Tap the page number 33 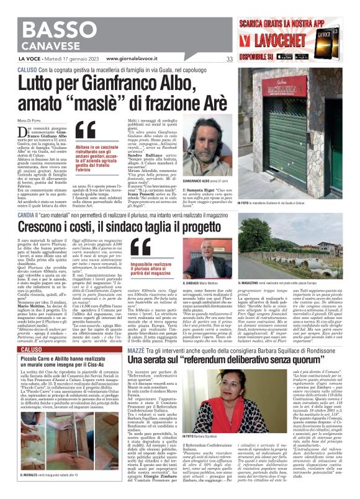(x=229, y=60)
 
